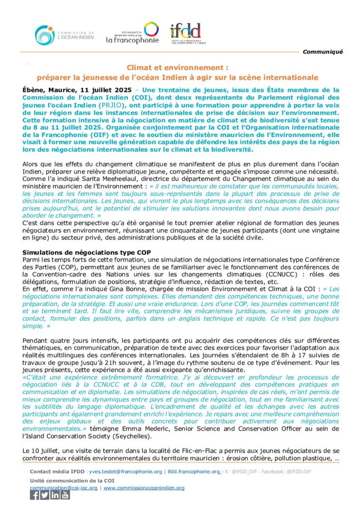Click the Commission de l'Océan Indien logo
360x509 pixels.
coord(64,34)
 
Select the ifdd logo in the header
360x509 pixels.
coord(185,33)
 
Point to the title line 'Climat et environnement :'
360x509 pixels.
coord(177,68)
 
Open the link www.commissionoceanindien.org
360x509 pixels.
coord(144,488)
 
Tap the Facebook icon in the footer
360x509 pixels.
coord(35,495)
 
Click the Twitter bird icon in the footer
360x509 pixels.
coord(45,495)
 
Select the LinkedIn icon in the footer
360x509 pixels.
coord(55,495)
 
